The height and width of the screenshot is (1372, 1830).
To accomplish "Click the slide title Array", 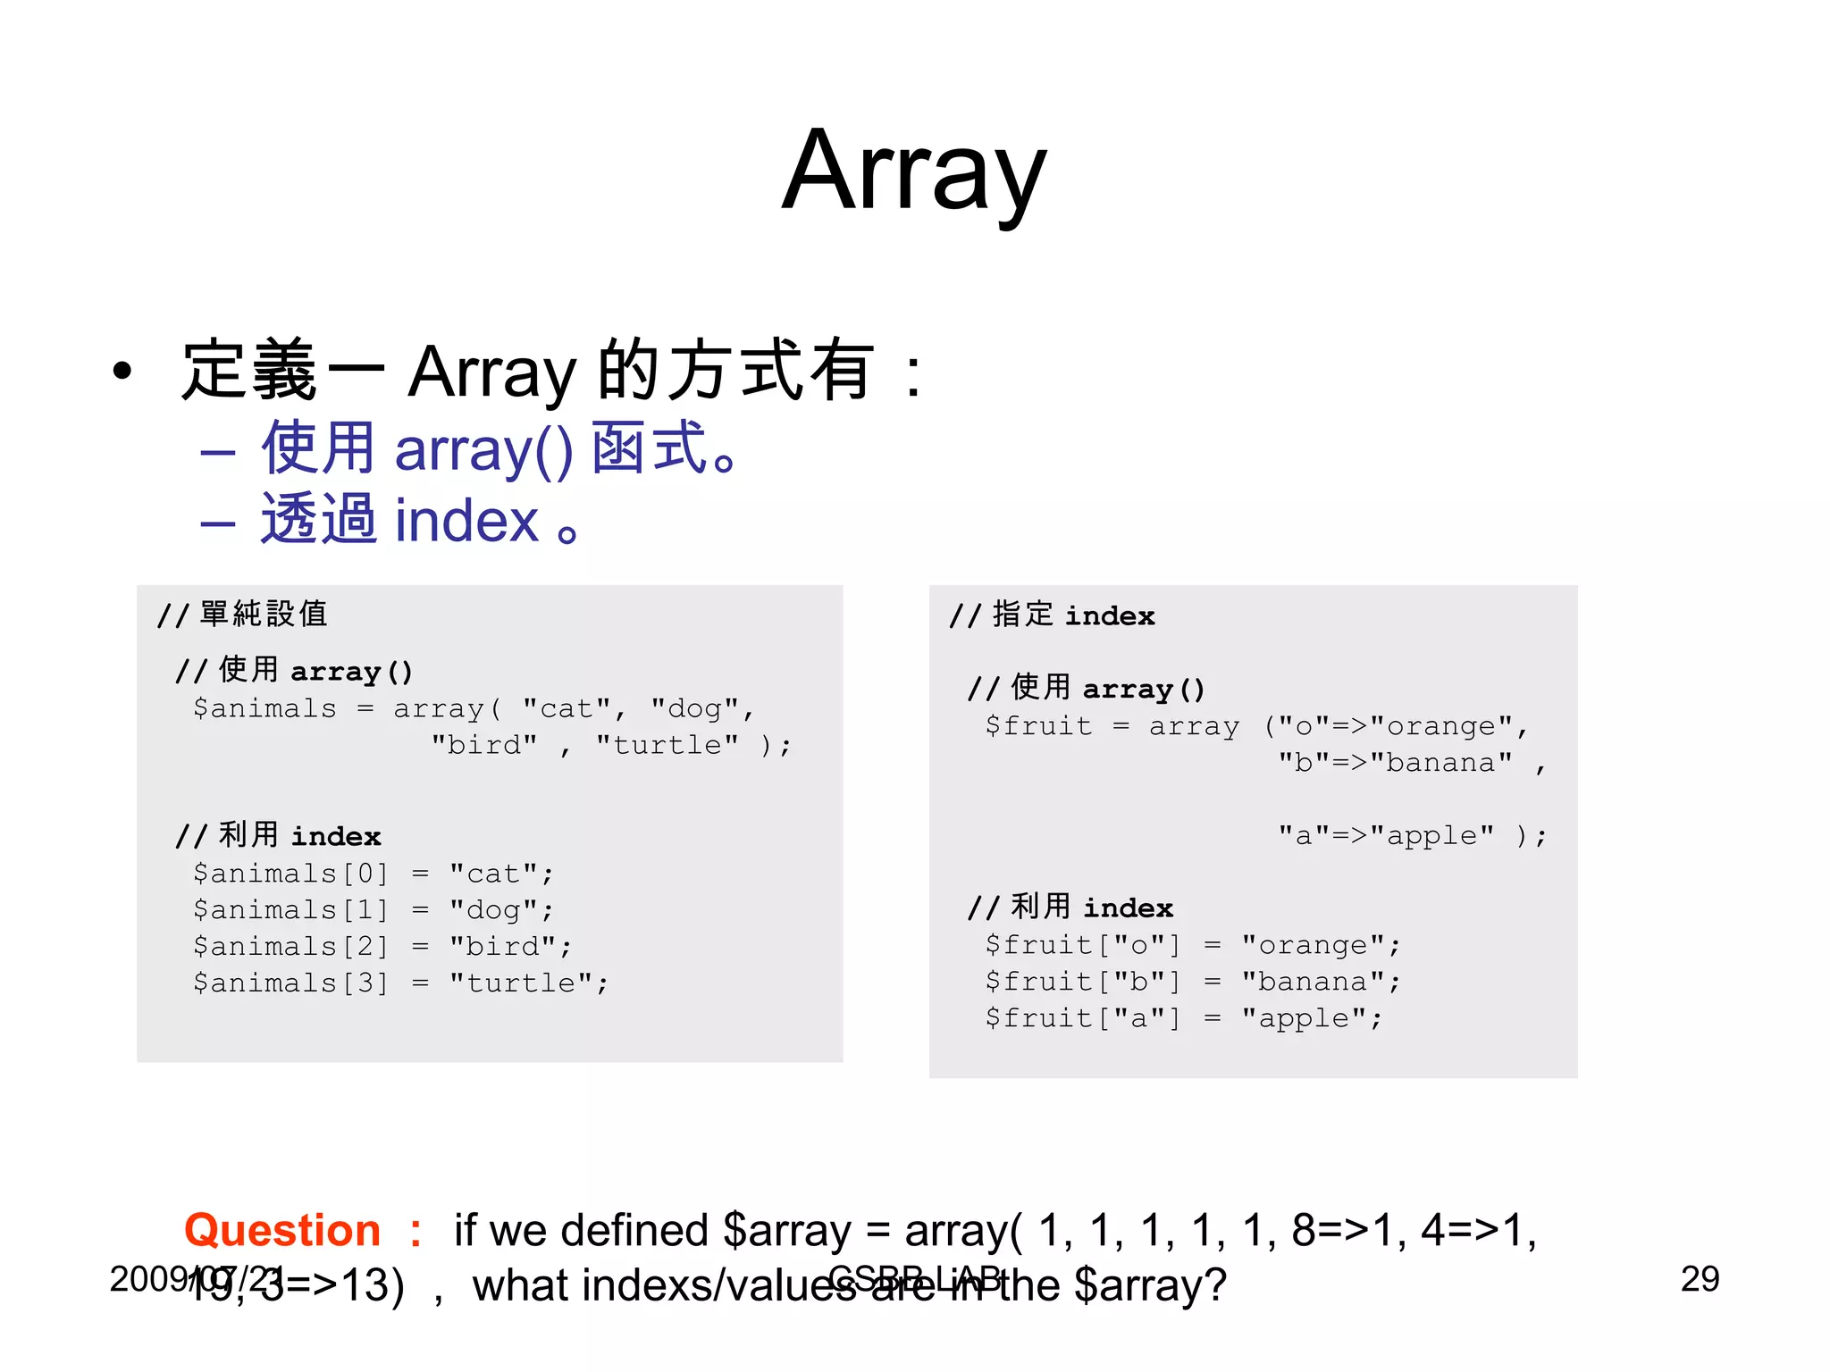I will pos(913,171).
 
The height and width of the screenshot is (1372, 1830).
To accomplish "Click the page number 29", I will pos(1699,1279).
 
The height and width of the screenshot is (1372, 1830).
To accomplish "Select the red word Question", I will pos(282,1230).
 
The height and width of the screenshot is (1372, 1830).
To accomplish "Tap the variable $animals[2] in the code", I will pos(291,946).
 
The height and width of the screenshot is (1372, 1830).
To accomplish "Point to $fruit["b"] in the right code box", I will pos(1082,982).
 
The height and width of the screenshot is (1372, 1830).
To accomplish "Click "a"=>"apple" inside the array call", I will pos(1386,835).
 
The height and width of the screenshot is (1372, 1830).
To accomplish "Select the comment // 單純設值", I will pos(242,615).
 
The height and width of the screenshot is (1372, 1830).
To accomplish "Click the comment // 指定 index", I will pos(1052,615).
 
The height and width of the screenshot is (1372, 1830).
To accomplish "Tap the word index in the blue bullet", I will pos(466,521).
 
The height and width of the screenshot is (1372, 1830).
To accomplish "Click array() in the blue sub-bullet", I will pos(483,449).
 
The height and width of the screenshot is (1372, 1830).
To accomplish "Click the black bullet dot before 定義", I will pos(122,371).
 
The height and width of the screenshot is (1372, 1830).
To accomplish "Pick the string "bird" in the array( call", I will pos(484,745).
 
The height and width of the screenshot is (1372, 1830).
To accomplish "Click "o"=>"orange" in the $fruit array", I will pos(1396,726).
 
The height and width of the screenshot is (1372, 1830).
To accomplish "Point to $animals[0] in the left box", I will pos(291,873).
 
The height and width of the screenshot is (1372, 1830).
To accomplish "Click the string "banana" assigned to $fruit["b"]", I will pos(1321,982).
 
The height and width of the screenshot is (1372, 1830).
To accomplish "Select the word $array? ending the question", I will pos(1150,1285).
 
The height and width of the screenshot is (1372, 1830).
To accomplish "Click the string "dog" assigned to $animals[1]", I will pos(501,909).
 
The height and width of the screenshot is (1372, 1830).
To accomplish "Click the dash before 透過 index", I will pos(217,523).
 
